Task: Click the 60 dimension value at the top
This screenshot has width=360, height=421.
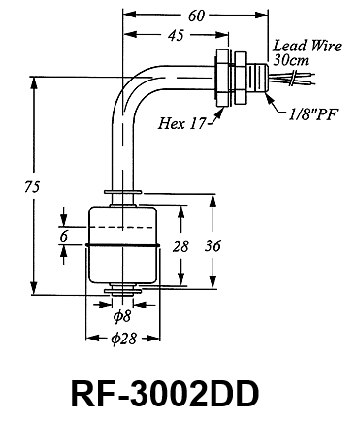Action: (196, 16)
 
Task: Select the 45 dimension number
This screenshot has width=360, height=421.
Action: (177, 35)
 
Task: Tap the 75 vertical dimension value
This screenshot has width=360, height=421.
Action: (32, 187)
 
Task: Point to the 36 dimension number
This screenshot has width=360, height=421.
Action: (213, 246)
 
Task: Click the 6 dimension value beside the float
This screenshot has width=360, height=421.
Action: (64, 237)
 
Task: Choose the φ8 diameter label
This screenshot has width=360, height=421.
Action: (122, 316)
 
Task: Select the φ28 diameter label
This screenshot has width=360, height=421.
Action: (123, 339)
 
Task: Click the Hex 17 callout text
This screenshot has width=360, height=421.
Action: (181, 123)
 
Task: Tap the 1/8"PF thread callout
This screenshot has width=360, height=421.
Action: (312, 114)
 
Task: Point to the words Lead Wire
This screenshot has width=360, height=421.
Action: (308, 46)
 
